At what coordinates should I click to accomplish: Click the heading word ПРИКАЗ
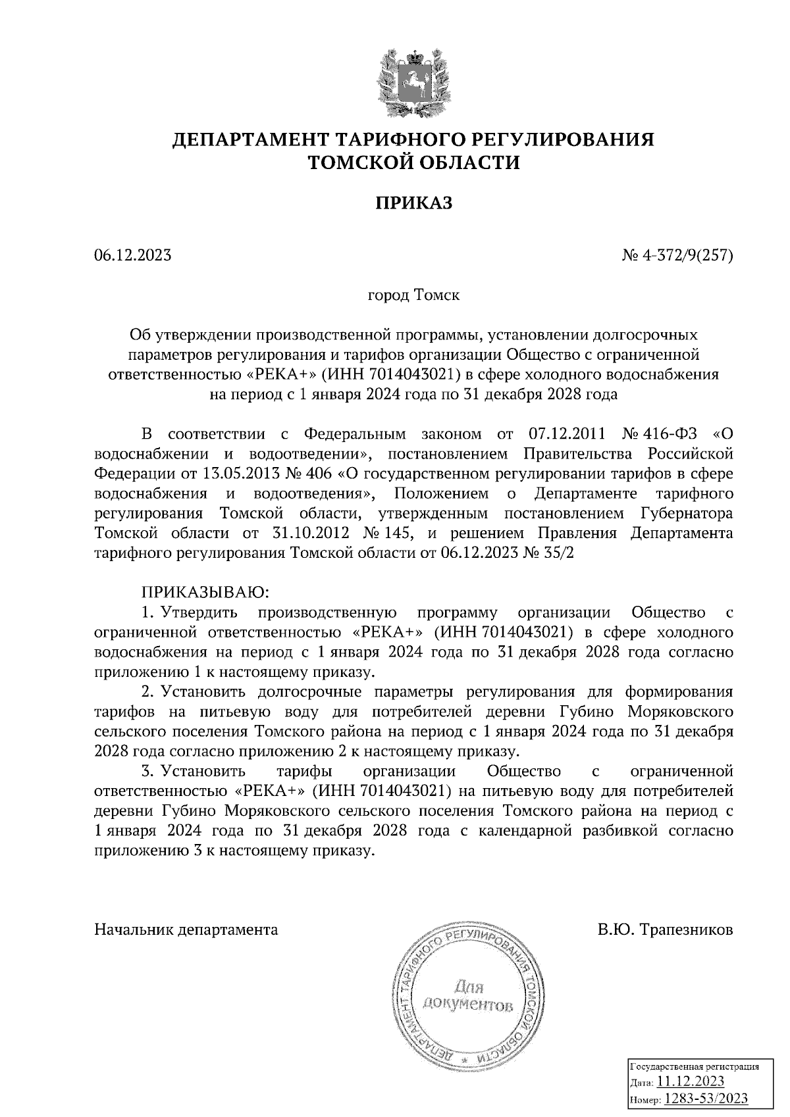click(414, 204)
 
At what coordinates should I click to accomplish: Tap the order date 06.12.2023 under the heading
click(133, 255)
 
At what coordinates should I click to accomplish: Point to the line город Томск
click(413, 295)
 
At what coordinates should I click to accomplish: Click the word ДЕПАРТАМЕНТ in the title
click(251, 139)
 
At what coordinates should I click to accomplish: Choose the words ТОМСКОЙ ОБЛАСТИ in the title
click(414, 162)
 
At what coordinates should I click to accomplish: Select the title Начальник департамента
click(186, 930)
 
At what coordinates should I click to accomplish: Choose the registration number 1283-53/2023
click(704, 1099)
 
